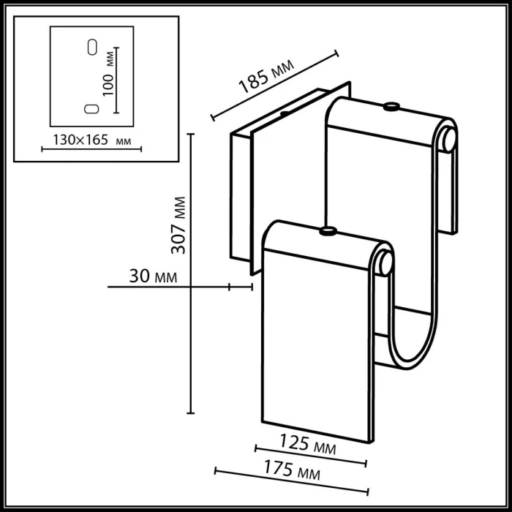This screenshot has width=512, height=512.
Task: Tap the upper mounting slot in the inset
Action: pos(91,46)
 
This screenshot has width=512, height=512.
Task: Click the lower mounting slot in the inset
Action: pos(91,108)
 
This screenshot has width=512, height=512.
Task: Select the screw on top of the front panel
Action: pos(328,233)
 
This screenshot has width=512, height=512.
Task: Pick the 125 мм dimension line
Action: pos(310,454)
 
